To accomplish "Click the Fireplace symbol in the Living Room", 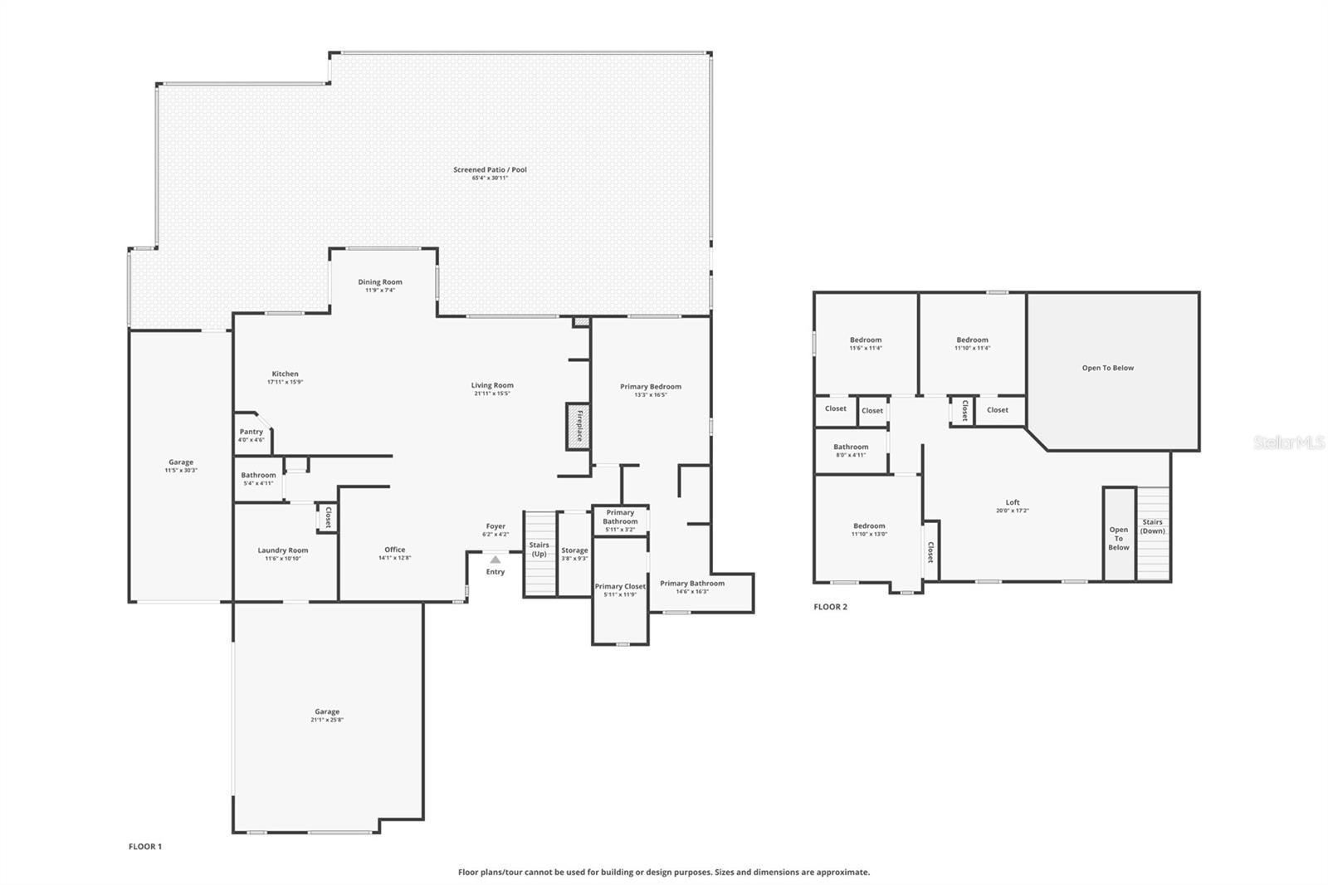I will pos(579,427).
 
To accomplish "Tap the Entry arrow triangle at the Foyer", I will pos(496,560).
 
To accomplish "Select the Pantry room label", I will pos(251,432).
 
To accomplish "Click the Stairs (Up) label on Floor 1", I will pos(539,549).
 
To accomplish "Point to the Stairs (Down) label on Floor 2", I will pos(1152,526).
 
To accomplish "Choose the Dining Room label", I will pos(380,282).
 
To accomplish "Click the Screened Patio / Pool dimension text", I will pos(490,178).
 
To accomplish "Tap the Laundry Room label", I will pos(283,550).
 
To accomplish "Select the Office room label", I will pos(395,550).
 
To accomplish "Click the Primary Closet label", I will pos(620,587).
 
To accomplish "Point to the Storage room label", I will pos(574,550).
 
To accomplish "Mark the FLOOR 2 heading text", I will pos(830,607).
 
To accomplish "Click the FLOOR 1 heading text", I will pos(145,847).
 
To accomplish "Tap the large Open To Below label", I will pos(1107,368).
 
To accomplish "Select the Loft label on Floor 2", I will pos(1013,502).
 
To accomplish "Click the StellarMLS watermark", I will pos(1288,442).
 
